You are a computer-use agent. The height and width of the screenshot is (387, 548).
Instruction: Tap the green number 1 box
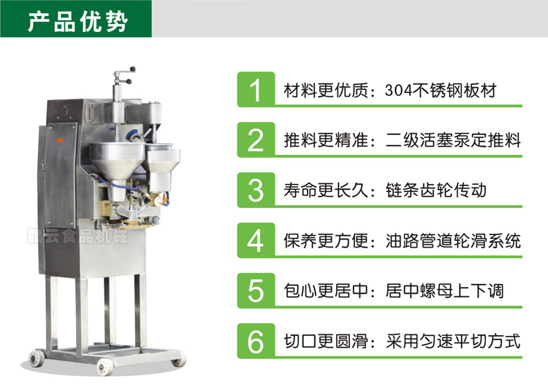[x=255, y=91]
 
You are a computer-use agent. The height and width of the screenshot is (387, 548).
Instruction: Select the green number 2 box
[x=255, y=140]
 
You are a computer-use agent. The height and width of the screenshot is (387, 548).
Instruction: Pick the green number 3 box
[x=255, y=190]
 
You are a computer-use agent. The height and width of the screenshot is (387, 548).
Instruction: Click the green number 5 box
[x=255, y=291]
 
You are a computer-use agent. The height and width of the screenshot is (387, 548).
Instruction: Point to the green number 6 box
[x=255, y=340]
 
